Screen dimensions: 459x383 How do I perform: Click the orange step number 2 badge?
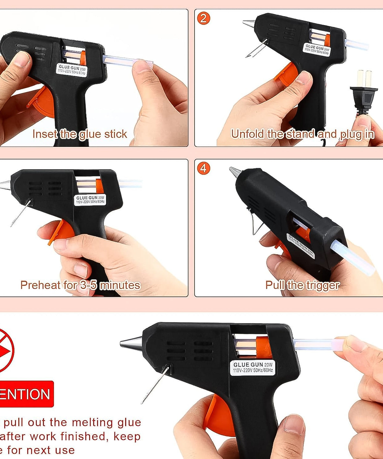coord(203,18)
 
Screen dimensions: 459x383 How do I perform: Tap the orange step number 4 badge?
coord(203,168)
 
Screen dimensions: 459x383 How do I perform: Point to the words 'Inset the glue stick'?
coord(80,134)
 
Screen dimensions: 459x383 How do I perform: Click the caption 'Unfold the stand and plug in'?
coord(303,134)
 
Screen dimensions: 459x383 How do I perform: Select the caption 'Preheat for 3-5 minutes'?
coord(80,285)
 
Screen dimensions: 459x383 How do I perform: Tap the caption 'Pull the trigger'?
coord(302,285)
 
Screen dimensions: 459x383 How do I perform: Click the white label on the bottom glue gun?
coord(252,367)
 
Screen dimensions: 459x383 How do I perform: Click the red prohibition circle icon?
coord(5,350)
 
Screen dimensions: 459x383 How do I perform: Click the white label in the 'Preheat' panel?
coord(90,200)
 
